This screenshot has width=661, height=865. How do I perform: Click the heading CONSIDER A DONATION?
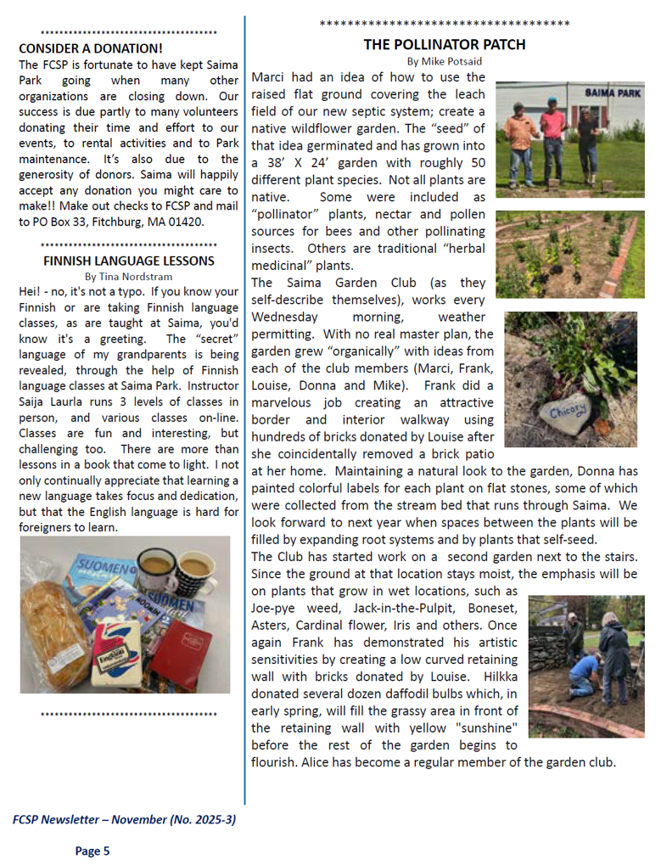pos(91,48)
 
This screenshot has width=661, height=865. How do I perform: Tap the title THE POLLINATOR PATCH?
pos(445,44)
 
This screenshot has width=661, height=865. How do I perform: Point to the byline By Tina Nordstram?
pos(127,276)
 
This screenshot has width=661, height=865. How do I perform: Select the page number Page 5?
pos(92,851)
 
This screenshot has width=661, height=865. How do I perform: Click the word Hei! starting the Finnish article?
pos(30,292)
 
